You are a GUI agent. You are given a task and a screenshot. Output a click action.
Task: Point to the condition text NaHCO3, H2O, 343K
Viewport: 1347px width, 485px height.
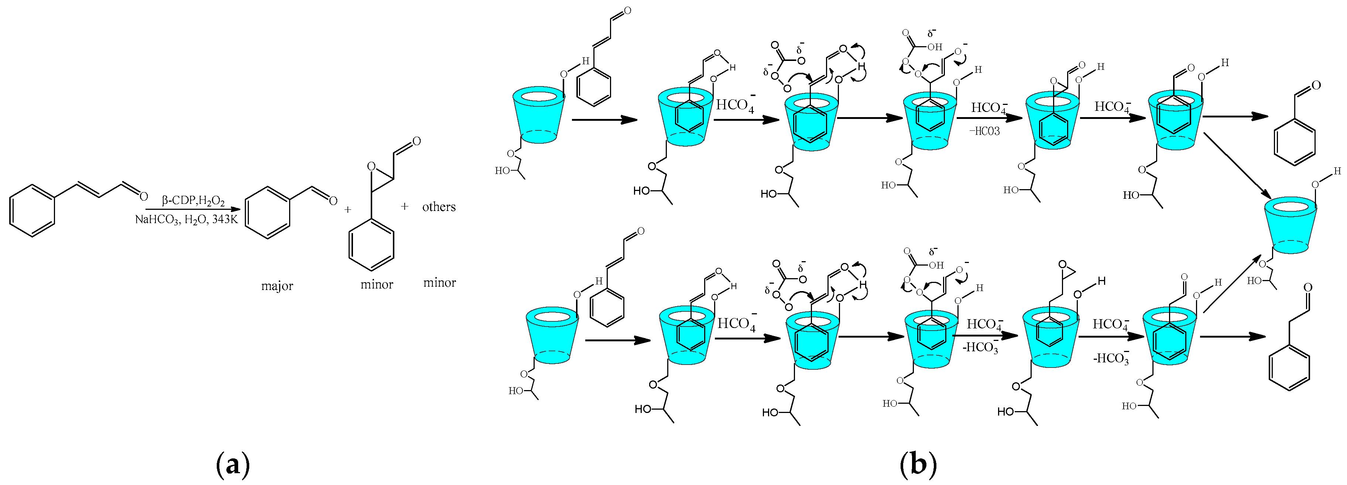click(186, 219)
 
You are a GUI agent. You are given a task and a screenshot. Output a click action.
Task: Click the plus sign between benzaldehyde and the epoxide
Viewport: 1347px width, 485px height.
click(347, 209)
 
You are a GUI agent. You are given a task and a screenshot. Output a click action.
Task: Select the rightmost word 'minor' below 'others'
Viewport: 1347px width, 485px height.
click(439, 283)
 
